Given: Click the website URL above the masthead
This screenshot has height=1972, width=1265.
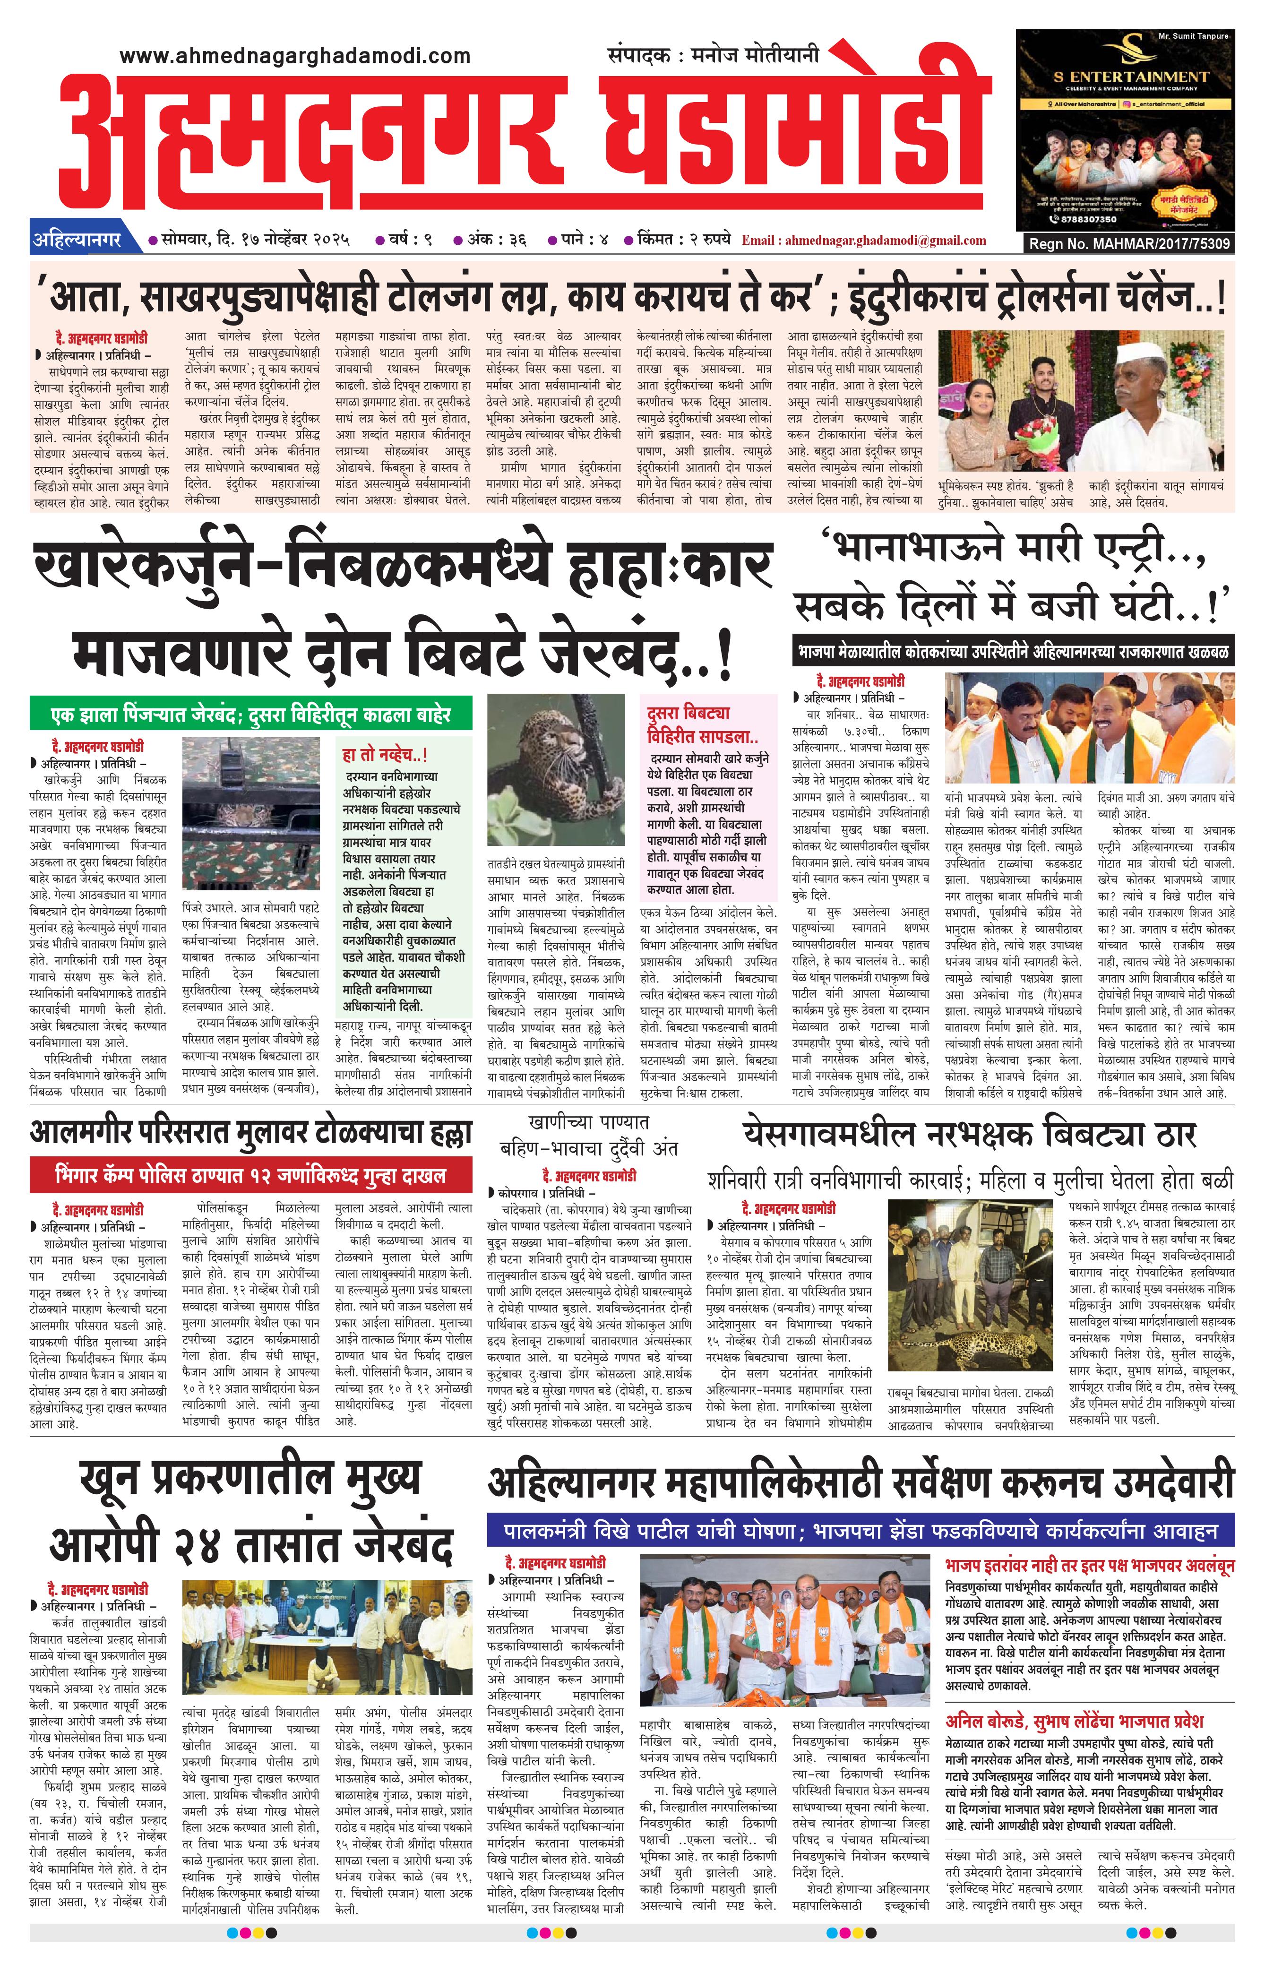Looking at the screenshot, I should [295, 56].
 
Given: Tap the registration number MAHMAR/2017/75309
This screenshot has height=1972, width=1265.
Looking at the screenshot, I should [1129, 244].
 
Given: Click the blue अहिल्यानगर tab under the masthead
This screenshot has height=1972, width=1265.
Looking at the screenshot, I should [77, 240].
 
